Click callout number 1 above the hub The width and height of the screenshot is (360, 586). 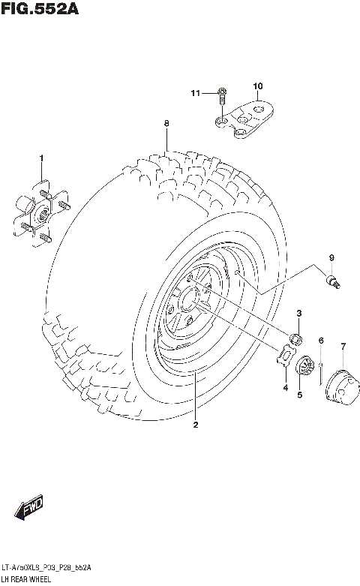click(x=42, y=158)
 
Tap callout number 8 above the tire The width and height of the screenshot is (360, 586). click(x=166, y=123)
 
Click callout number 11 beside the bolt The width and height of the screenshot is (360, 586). click(x=195, y=93)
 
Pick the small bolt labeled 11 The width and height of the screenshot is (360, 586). click(x=222, y=95)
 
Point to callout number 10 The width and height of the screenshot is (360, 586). click(x=257, y=86)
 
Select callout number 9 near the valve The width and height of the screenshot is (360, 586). click(x=330, y=260)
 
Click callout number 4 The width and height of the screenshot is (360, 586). click(x=285, y=388)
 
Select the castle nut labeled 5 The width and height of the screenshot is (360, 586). click(x=305, y=368)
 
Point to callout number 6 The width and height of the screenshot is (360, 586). click(x=320, y=341)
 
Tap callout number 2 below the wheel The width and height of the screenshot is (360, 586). click(x=194, y=425)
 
